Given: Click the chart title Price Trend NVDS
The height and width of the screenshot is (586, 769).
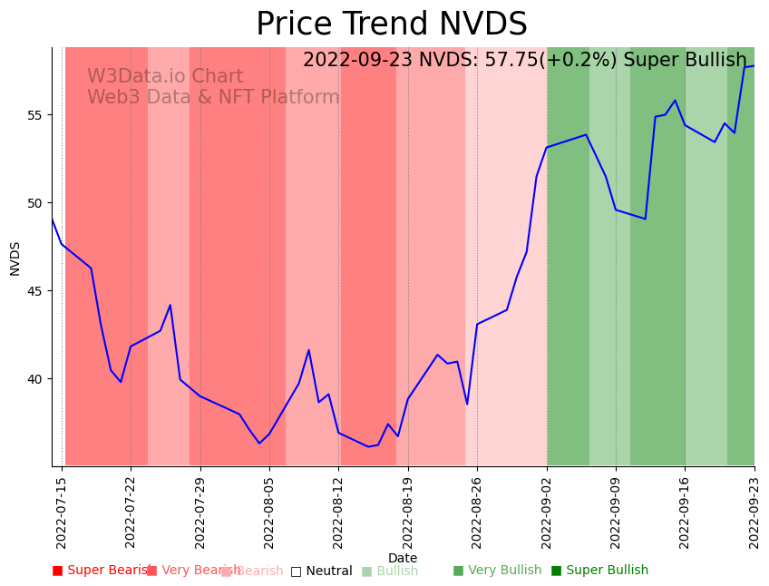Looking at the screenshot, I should click(391, 24).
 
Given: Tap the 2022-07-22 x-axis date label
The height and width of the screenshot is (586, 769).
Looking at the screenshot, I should click(131, 509).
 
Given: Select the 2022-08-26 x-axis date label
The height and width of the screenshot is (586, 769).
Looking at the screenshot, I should click(477, 509).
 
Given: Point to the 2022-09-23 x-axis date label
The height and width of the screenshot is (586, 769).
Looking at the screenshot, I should click(754, 509).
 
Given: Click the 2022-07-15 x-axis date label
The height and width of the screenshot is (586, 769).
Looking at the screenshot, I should click(62, 509).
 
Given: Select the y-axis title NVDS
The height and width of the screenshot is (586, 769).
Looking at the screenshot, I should click(15, 258).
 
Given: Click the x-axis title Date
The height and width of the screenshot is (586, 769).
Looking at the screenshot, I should click(403, 559).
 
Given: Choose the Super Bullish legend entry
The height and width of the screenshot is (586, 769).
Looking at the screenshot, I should click(600, 571).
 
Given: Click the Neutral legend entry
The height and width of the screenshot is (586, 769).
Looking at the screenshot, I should click(321, 571).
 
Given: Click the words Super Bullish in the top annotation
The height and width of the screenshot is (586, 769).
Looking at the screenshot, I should click(685, 61).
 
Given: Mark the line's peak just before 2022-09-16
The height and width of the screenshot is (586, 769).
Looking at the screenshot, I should click(675, 101).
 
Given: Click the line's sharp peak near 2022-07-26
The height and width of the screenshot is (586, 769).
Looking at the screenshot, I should click(170, 305).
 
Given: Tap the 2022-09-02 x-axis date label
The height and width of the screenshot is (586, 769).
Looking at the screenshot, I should click(547, 509).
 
